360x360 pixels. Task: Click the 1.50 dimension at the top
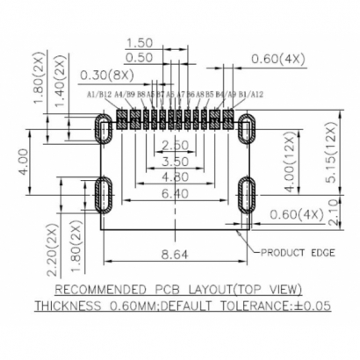140,43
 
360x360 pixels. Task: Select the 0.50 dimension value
140,57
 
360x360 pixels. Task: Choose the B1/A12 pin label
249,93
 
